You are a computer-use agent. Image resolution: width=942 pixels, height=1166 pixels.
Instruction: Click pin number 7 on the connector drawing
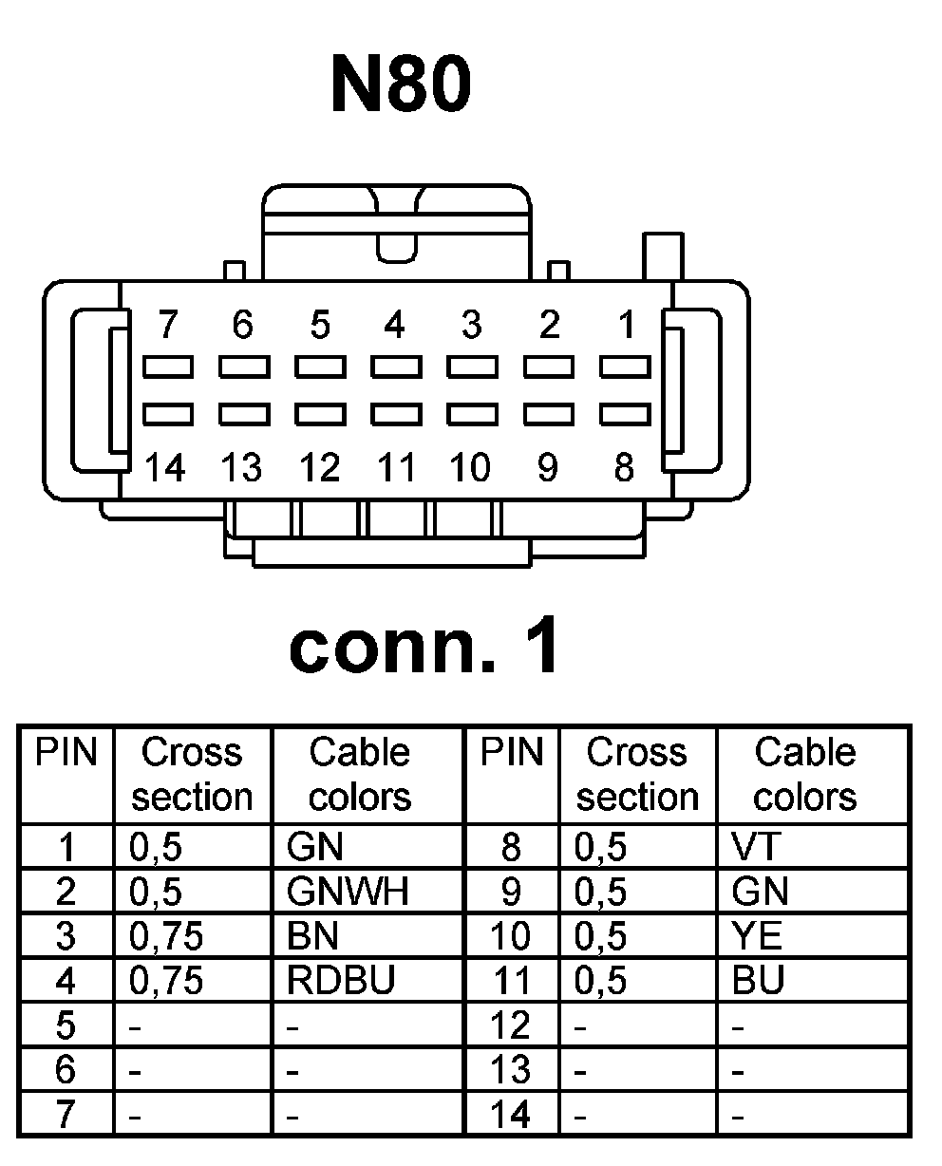[x=168, y=326]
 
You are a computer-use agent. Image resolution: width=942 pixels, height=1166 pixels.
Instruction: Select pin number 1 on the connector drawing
[x=626, y=326]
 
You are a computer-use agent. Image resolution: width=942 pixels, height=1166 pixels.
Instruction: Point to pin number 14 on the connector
[x=165, y=467]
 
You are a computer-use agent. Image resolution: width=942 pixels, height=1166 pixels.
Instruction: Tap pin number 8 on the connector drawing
[x=624, y=467]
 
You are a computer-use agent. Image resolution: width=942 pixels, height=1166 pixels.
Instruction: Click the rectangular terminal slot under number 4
[x=396, y=367]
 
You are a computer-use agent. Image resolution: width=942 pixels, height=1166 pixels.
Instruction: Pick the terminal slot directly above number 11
[x=396, y=415]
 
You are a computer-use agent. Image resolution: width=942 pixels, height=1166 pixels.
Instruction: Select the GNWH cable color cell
[x=347, y=892]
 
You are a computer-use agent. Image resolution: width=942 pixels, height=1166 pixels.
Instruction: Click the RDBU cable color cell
[x=340, y=981]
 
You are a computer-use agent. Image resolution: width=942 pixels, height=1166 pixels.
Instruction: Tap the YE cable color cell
[x=757, y=936]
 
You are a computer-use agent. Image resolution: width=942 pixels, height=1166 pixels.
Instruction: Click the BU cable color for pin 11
[x=758, y=981]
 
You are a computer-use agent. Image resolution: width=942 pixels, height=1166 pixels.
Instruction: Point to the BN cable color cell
[x=312, y=936]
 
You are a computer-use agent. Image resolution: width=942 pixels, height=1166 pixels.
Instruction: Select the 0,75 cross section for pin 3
[x=166, y=936]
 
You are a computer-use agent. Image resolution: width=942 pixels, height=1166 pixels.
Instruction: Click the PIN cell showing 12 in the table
[x=511, y=1025]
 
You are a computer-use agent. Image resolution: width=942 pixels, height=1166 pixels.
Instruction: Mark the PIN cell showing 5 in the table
[x=66, y=1025]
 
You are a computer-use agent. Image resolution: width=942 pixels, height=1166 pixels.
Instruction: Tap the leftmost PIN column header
[x=66, y=753]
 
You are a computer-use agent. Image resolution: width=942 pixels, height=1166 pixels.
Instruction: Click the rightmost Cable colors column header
[x=804, y=774]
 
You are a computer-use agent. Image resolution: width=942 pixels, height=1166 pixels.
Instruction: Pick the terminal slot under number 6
[x=244, y=367]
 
